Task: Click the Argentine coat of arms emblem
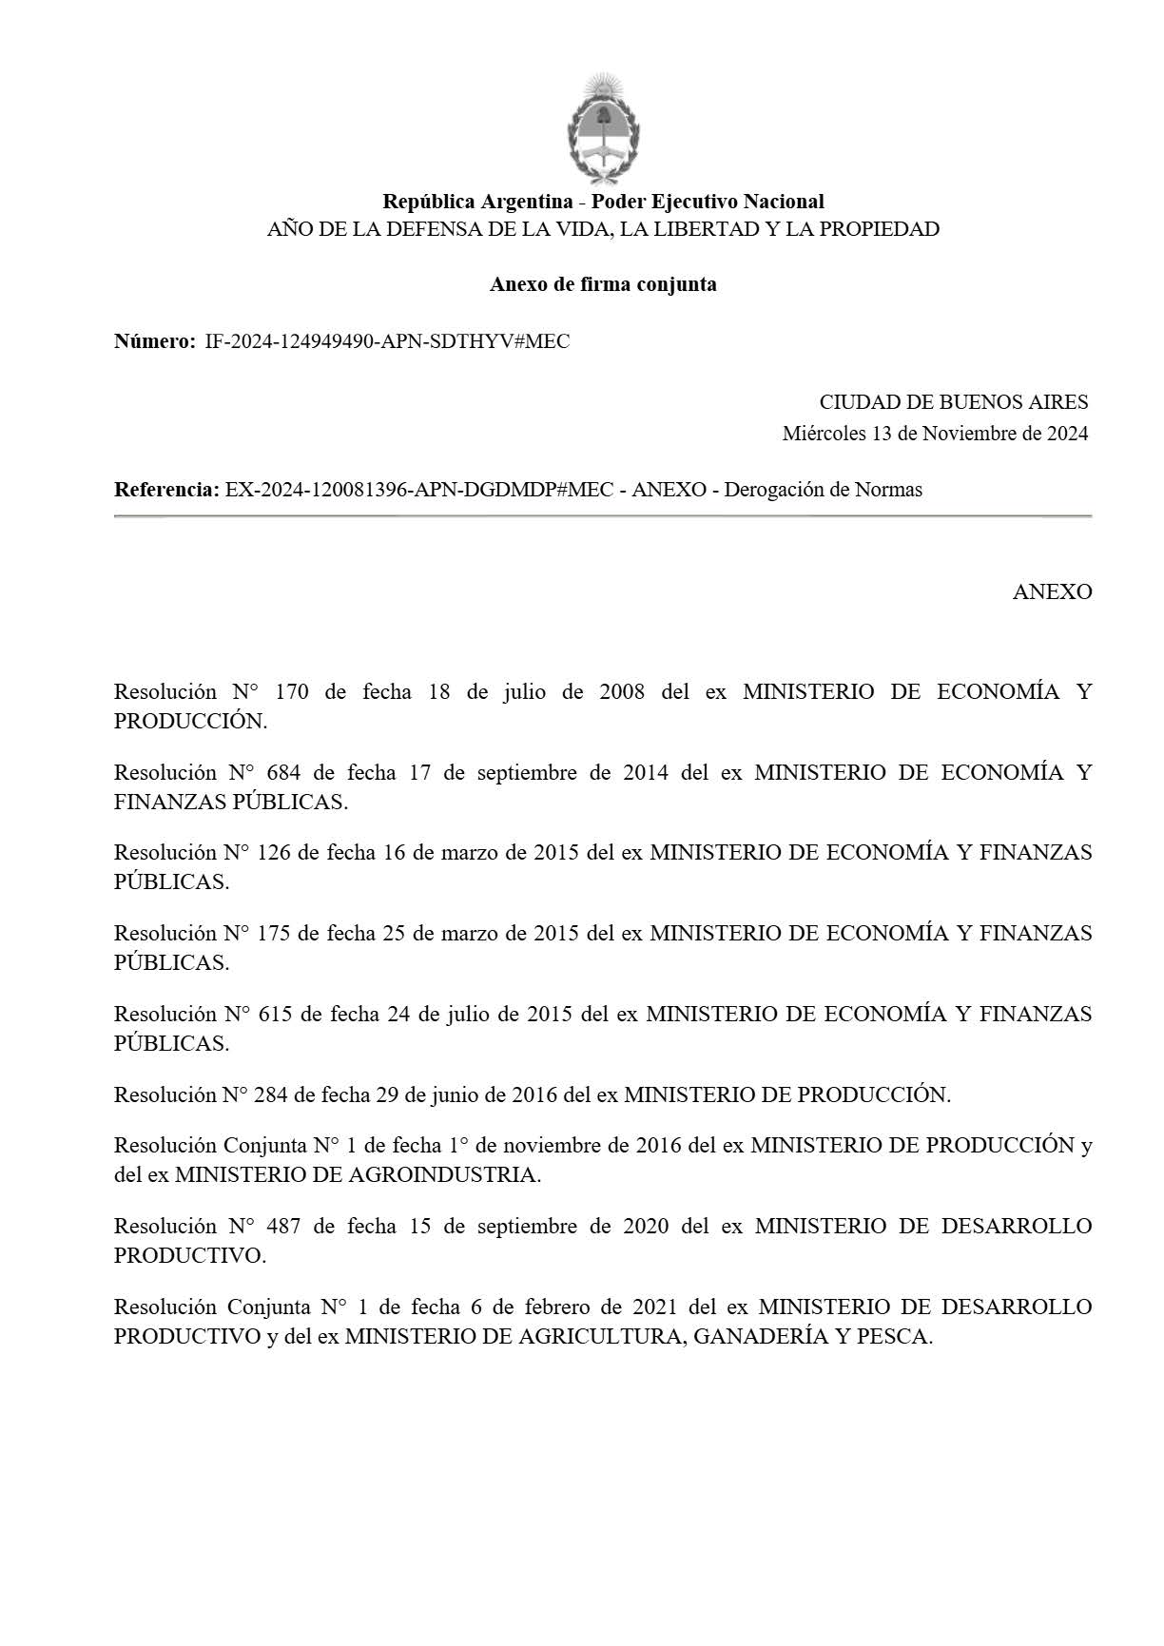pos(603,129)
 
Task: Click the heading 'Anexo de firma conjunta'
pos(603,284)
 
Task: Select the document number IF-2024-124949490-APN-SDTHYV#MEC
pos(387,341)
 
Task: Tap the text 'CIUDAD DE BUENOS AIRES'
pos(953,402)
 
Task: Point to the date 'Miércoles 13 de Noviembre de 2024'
pos(935,434)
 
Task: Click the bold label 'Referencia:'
pos(166,490)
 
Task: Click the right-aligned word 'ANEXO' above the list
pos(1052,591)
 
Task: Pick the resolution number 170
pos(292,692)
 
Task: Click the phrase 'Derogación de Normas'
pos(823,490)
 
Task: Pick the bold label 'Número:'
pos(155,341)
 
